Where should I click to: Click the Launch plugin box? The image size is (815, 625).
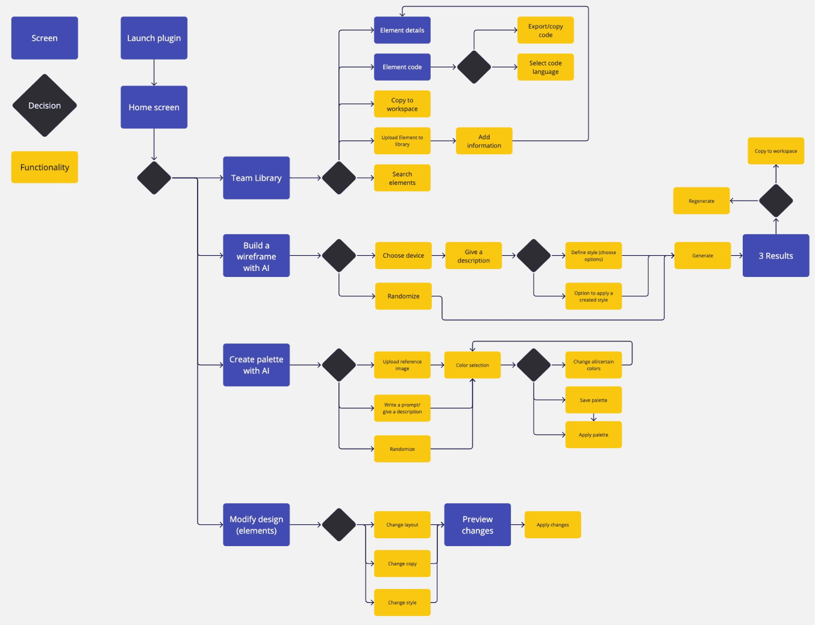(154, 38)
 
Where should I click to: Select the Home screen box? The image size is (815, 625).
(154, 107)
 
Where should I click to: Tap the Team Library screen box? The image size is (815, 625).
(256, 178)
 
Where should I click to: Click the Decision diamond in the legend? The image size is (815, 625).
(45, 105)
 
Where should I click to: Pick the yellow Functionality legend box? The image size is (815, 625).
(45, 167)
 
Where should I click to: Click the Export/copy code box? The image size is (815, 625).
(545, 30)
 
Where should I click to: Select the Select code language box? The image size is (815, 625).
(545, 67)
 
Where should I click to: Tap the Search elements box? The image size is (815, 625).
(402, 178)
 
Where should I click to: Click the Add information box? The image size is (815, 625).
(484, 141)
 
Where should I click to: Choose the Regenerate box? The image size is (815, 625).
(701, 201)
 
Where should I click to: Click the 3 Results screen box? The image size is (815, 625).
(776, 256)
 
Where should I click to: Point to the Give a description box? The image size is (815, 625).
(473, 256)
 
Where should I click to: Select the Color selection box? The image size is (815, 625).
(472, 365)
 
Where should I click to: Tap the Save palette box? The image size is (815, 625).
(593, 400)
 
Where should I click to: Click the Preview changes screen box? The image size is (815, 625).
(478, 524)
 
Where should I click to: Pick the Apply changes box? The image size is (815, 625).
(552, 525)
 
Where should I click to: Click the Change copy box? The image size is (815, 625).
(402, 564)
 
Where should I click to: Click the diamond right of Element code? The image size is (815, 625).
(474, 67)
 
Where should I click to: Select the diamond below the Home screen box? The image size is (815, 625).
(154, 178)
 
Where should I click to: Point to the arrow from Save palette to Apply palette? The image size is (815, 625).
(593, 417)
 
